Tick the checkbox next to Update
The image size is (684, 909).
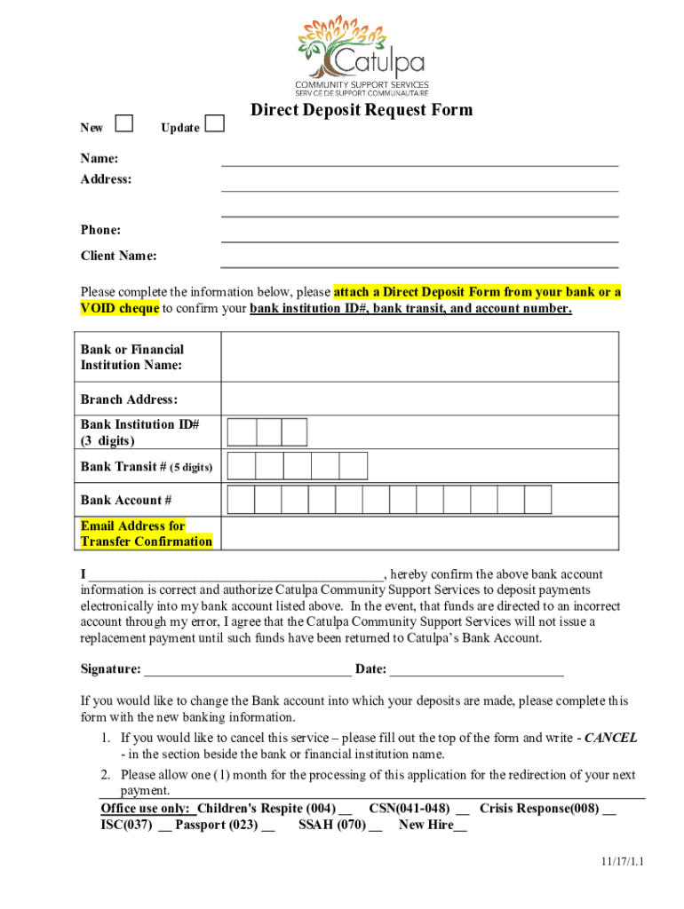[214, 124]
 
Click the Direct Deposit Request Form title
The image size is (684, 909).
[361, 110]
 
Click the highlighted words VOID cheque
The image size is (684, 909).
[120, 308]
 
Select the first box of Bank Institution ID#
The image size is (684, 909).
[242, 431]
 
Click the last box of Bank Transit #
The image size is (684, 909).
[353, 466]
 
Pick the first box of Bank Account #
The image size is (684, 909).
[242, 500]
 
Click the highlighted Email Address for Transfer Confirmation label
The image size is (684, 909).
[146, 534]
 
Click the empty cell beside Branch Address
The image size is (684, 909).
[419, 399]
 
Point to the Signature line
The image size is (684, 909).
[247, 669]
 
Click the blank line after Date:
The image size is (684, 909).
[476, 669]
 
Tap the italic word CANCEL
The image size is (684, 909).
[610, 738]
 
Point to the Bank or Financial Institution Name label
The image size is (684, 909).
[132, 357]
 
